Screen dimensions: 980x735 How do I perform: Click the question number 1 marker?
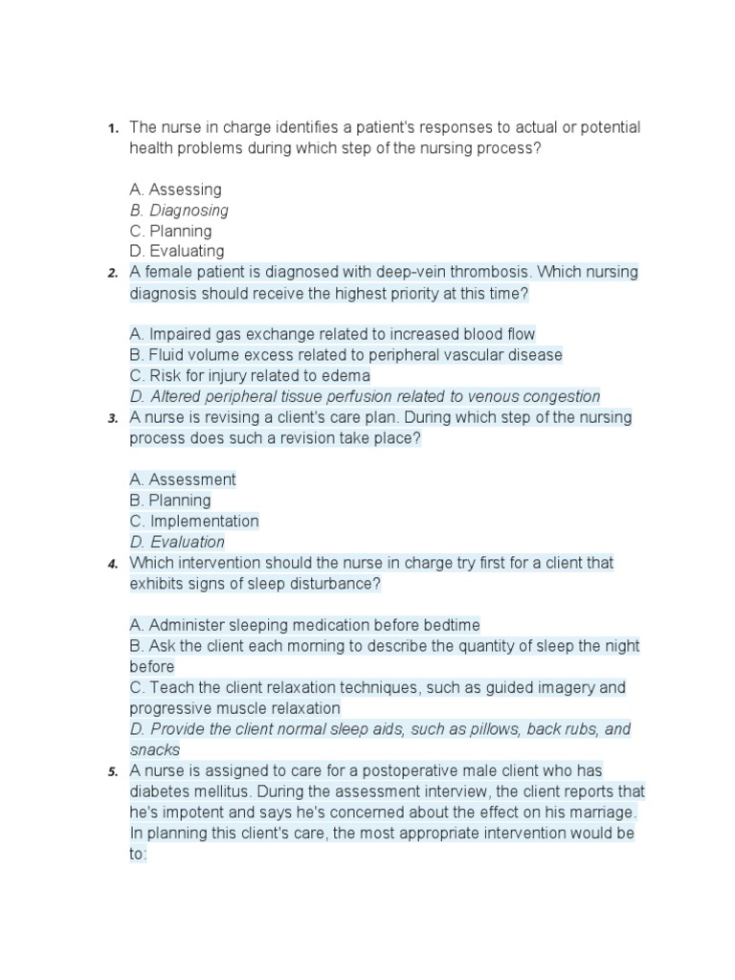tap(112, 128)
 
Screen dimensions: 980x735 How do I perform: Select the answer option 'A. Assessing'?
tap(175, 189)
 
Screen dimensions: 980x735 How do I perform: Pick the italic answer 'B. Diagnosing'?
tap(179, 211)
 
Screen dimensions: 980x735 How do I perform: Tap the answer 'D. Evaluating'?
tap(177, 252)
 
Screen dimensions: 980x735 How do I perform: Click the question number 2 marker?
tap(112, 274)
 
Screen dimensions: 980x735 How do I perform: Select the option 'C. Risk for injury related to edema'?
tap(250, 376)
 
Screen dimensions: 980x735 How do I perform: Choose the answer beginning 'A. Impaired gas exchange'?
tap(332, 335)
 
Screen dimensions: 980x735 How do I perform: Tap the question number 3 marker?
tap(112, 419)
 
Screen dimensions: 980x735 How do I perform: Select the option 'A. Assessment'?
tap(182, 480)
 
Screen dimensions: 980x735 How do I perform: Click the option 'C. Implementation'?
tap(194, 522)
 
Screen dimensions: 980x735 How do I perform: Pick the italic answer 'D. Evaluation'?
tap(177, 543)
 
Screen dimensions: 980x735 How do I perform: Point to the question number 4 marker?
tap(112, 565)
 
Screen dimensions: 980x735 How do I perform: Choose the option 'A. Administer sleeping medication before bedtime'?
tap(304, 626)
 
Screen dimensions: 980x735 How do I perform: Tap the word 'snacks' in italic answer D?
tap(154, 750)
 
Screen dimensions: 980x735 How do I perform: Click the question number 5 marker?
tap(112, 772)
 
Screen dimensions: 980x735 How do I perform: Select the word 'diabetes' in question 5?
tap(159, 791)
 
